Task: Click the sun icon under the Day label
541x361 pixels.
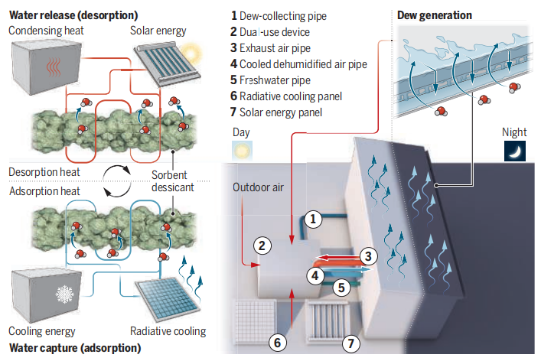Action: tap(243, 151)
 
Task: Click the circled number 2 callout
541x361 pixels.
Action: tap(262, 246)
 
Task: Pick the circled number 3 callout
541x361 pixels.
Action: tap(367, 257)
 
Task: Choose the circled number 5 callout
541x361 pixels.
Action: tap(341, 288)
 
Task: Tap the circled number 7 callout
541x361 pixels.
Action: tap(350, 343)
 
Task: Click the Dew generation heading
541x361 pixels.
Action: tap(435, 15)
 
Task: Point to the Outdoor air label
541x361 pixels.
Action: tap(258, 187)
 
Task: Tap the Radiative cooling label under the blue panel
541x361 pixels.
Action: tap(168, 331)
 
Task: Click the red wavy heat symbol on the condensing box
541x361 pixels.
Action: tap(50, 67)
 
